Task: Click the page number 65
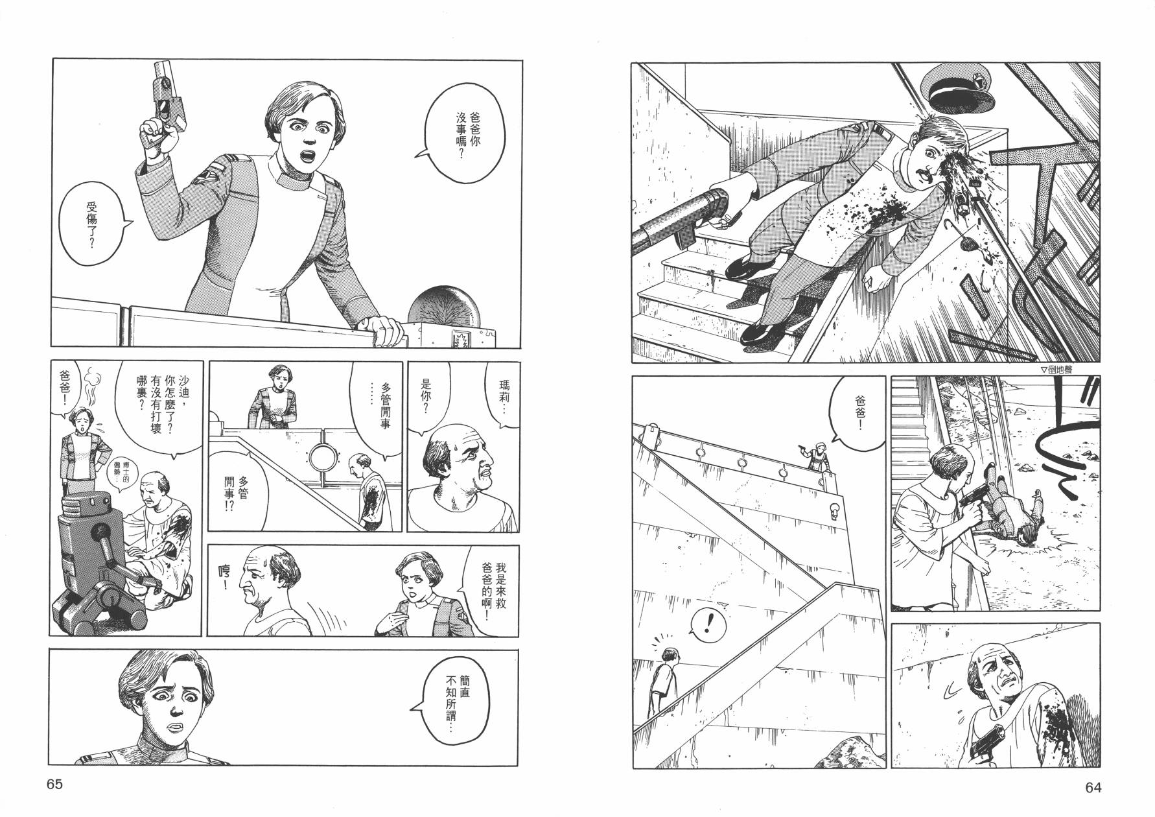point(54,784)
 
